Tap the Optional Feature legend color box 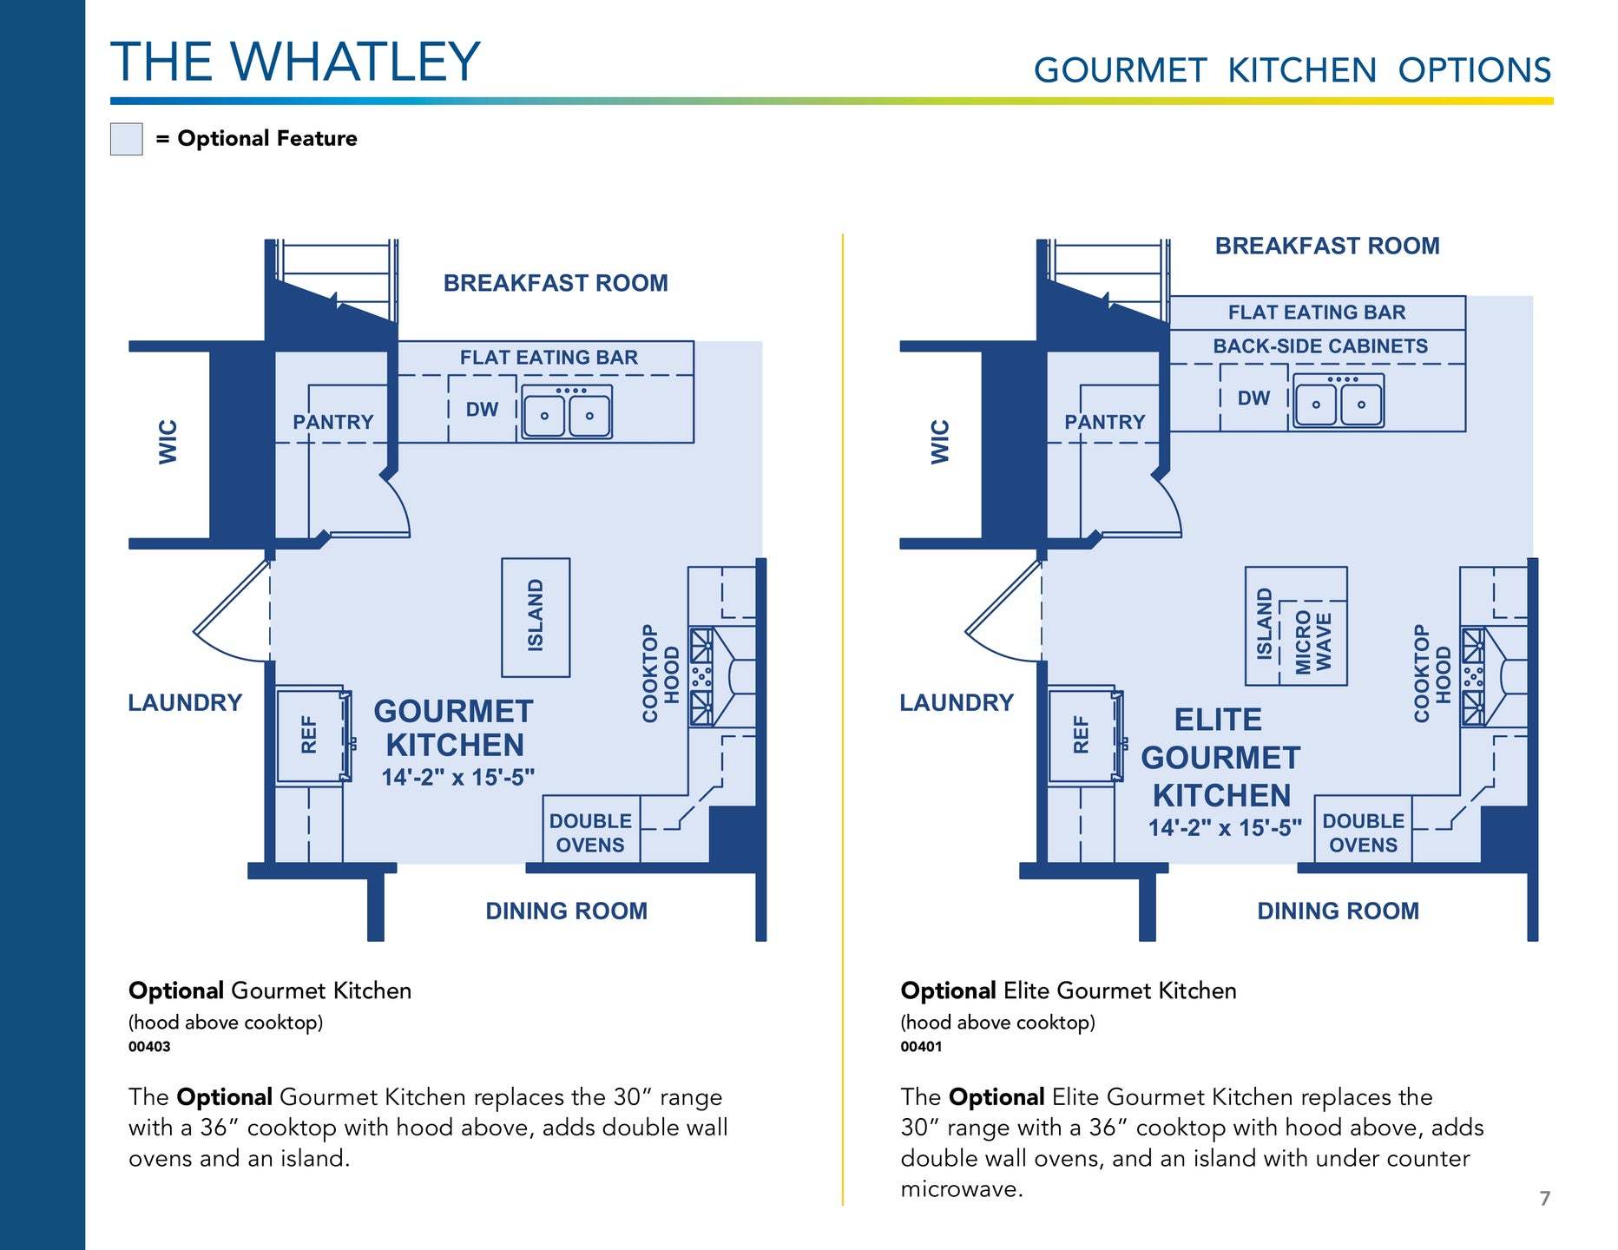pos(127,139)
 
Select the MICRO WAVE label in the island pos(1312,642)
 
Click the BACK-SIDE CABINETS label pos(1319,346)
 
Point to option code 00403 pos(149,1047)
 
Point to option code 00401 pos(921,1047)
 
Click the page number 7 pos(1545,1199)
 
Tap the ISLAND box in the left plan pos(536,617)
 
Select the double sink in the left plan pos(567,412)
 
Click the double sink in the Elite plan pos(1338,401)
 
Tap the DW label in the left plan pos(482,410)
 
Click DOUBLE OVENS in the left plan pos(590,833)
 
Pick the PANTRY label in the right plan pos(1104,422)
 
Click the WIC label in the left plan pos(168,442)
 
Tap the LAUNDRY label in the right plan pos(957,702)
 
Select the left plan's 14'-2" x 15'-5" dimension pos(458,778)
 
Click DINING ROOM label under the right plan pos(1338,911)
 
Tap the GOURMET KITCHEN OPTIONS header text pos(1292,70)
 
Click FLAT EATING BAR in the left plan pos(549,358)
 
